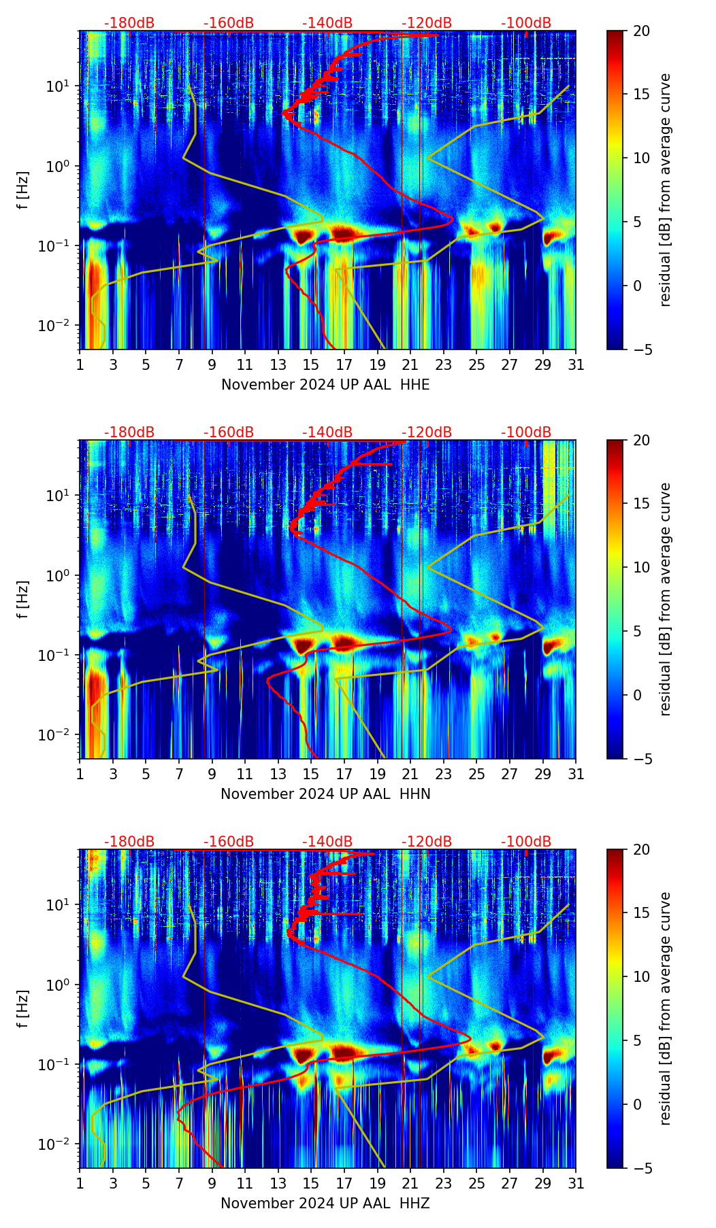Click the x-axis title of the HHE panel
325,385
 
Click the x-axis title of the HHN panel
325,794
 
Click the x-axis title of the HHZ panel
325,1204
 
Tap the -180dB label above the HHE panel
129,23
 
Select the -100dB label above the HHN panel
526,432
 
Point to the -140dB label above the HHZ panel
327,842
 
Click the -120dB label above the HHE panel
427,23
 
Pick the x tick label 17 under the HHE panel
344,365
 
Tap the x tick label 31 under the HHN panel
576,774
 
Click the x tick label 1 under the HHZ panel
80,1184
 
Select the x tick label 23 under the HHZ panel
444,1184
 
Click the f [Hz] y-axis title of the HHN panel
24,599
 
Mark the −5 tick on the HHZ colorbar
641,1168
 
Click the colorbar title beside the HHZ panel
666,1008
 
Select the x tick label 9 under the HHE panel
212,365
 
